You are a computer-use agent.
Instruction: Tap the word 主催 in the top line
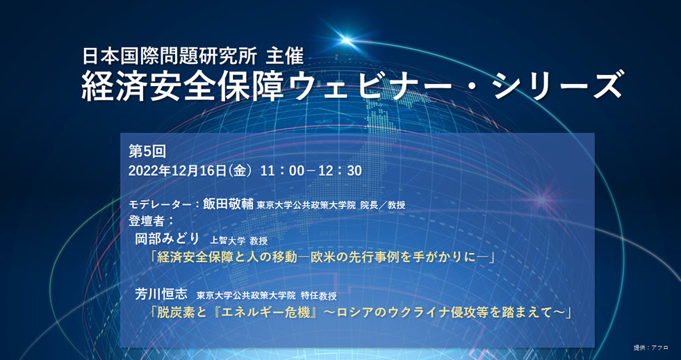coord(281,54)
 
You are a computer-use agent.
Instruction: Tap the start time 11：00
coord(282,170)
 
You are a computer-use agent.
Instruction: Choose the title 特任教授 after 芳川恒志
coord(333,295)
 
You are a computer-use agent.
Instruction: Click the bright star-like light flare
coord(346,38)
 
